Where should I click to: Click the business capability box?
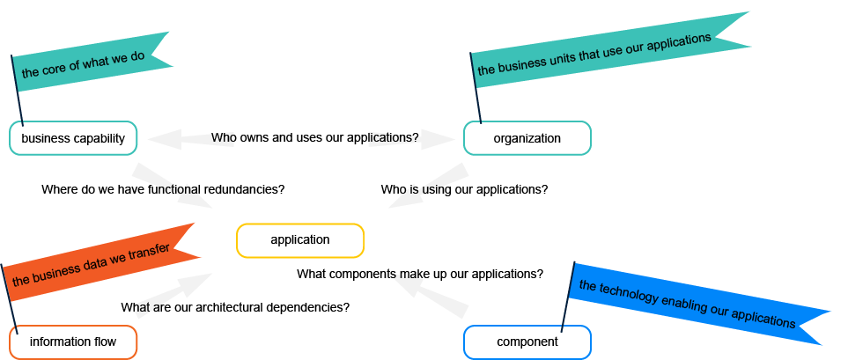tap(73, 138)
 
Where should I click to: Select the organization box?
tap(527, 138)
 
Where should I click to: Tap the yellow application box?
tap(299, 240)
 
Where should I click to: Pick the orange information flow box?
tap(73, 342)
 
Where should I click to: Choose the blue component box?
tap(527, 342)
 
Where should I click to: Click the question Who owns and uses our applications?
tap(314, 138)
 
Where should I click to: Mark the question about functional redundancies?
tap(163, 189)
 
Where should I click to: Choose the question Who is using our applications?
tap(464, 189)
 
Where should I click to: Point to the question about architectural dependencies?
tap(235, 307)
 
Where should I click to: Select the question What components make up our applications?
tap(419, 274)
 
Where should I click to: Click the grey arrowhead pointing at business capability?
tap(163, 138)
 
